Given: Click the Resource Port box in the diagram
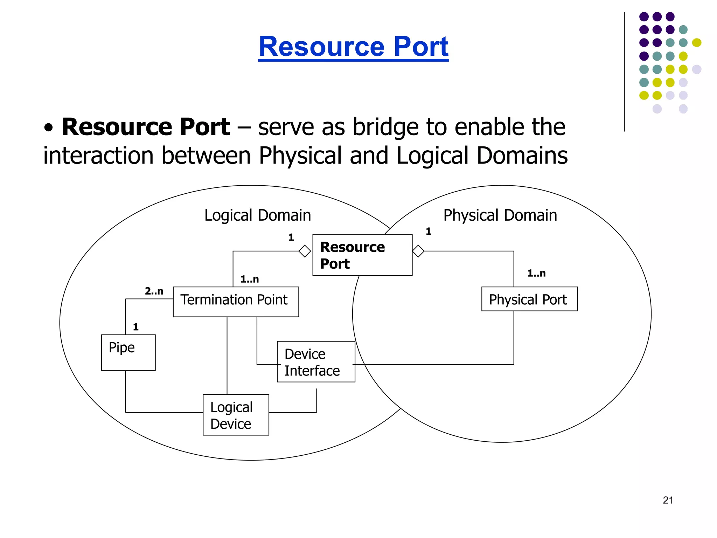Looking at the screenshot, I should tap(362, 255).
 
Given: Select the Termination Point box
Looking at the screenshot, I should tap(236, 302).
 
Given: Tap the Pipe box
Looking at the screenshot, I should tap(128, 352).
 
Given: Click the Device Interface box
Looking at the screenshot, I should tap(316, 361).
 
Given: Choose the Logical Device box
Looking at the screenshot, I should tap(236, 415).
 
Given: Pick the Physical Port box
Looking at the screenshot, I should tap(529, 299).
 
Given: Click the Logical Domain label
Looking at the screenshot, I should tap(257, 215).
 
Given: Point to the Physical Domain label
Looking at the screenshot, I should tap(500, 215).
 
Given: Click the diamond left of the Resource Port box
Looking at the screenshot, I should tap(305, 251).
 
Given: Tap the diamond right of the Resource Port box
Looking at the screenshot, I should tap(418, 251).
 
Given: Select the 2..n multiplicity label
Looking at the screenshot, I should tap(154, 291).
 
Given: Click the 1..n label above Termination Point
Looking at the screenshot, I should tap(250, 279).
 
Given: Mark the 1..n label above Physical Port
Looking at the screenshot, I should tap(536, 273).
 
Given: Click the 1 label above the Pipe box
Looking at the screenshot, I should tap(136, 327).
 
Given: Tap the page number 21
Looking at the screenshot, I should tap(668, 500).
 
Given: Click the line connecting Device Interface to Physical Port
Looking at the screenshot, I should tap(434, 365).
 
